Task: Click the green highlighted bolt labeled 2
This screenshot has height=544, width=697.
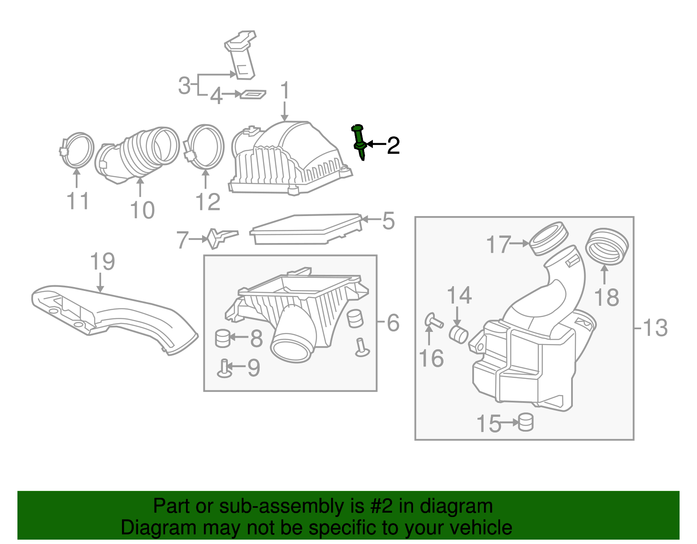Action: pyautogui.click(x=359, y=142)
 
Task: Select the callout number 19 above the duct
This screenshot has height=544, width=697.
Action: pyautogui.click(x=102, y=262)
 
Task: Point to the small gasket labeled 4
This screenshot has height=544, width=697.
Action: pyautogui.click(x=253, y=94)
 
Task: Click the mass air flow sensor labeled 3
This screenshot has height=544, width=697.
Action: pyautogui.click(x=241, y=54)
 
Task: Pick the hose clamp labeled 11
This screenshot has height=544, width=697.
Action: pyautogui.click(x=77, y=150)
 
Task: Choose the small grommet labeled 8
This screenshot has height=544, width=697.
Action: pyautogui.click(x=223, y=338)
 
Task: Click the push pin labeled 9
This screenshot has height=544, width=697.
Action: pyautogui.click(x=224, y=368)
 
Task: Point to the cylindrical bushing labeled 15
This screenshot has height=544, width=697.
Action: pyautogui.click(x=526, y=422)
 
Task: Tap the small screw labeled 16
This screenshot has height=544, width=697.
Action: pyautogui.click(x=433, y=321)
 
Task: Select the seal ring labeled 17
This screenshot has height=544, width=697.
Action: pyautogui.click(x=548, y=238)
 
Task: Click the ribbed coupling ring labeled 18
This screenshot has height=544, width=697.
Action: pyautogui.click(x=607, y=247)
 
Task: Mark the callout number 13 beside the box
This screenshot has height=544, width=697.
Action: pyautogui.click(x=655, y=328)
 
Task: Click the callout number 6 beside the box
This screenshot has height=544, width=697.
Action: pyautogui.click(x=393, y=323)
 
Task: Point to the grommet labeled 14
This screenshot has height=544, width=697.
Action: pyautogui.click(x=458, y=335)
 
